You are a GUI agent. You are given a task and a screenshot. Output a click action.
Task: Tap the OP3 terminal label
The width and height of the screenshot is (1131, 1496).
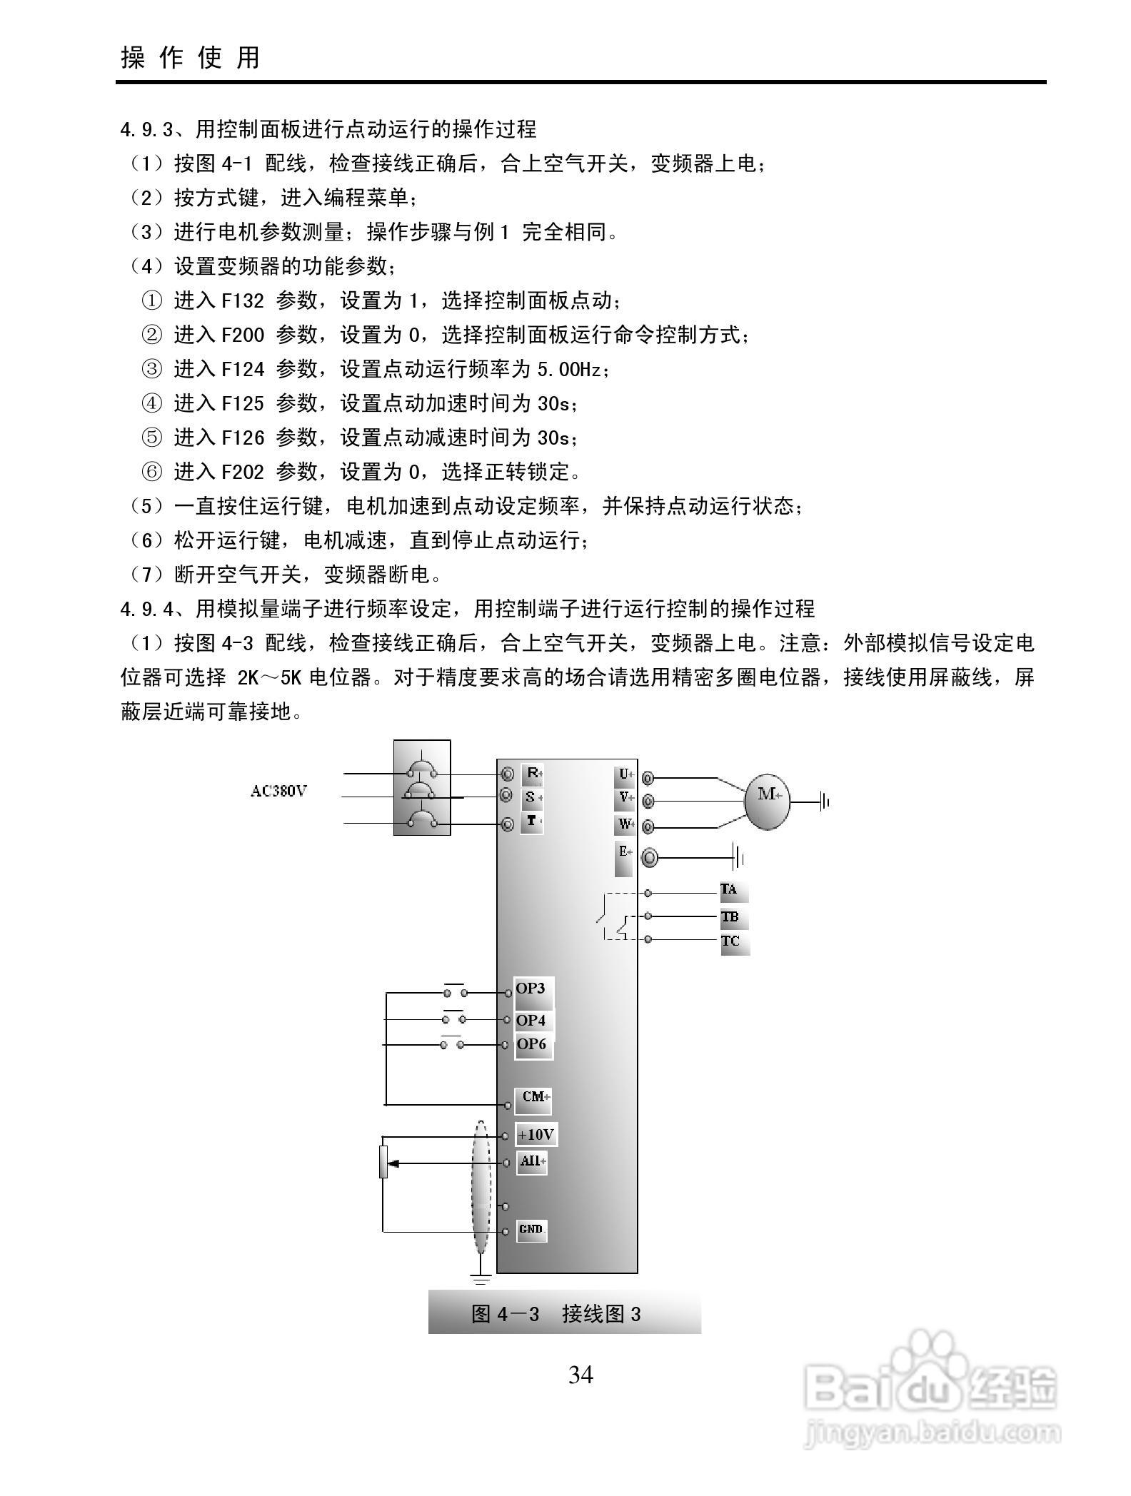click(531, 989)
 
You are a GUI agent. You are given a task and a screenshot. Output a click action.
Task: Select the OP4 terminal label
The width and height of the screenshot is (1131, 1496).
click(531, 1021)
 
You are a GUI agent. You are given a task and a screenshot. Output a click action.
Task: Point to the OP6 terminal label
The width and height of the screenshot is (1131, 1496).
click(531, 1044)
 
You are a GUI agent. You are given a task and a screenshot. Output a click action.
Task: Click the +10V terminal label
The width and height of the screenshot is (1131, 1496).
click(536, 1135)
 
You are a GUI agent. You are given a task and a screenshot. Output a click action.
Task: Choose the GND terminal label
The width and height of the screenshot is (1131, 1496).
click(531, 1229)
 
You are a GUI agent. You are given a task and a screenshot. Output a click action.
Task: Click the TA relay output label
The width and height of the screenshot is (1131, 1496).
click(730, 891)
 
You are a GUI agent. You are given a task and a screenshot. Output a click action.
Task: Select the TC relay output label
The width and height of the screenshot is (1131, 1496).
click(731, 941)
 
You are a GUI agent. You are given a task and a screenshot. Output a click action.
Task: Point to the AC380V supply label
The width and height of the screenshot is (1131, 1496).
click(278, 792)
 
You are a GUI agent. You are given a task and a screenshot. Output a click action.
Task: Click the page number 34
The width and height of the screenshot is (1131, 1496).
click(580, 1374)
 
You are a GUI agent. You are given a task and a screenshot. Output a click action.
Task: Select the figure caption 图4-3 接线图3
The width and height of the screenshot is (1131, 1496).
click(556, 1313)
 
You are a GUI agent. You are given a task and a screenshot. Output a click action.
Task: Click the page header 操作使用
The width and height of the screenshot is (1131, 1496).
click(191, 57)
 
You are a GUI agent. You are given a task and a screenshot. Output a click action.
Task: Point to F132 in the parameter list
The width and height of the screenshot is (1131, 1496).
click(242, 300)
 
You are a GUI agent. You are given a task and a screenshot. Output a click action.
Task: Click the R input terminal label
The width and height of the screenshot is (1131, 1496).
click(532, 773)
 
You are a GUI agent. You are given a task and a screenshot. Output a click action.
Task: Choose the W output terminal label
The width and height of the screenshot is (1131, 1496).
click(625, 824)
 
